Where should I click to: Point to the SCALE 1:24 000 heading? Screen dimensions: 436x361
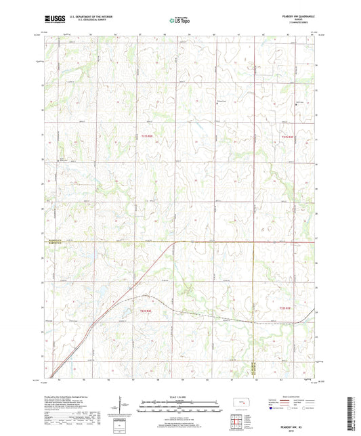pos(179,395)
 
